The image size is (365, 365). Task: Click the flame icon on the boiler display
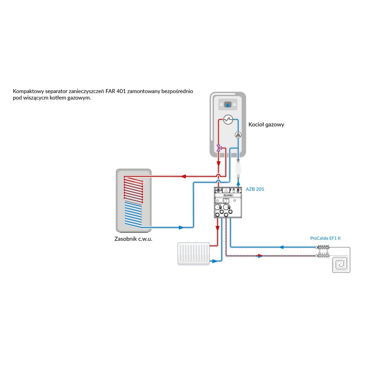[x=228, y=105]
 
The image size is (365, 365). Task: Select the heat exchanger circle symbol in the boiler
[x=228, y=119]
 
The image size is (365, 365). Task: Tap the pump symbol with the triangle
[x=238, y=135]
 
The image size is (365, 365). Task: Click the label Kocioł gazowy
[x=266, y=124]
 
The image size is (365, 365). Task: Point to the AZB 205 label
[x=255, y=189]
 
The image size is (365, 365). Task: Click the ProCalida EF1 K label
[x=325, y=238]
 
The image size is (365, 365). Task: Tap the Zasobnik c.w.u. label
[x=133, y=239]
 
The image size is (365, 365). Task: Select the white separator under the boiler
[x=238, y=168]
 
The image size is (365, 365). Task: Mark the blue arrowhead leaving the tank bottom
[x=181, y=227]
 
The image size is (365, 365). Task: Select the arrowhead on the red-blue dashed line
[x=260, y=256]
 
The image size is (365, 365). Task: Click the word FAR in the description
[x=111, y=91]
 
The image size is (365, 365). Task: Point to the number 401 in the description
[x=122, y=91]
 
